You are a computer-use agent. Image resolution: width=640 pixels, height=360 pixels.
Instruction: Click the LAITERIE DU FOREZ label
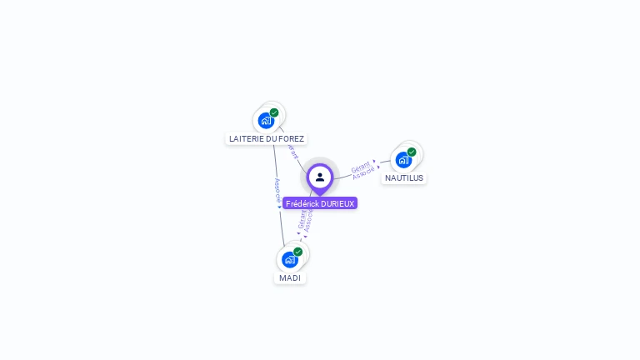267,138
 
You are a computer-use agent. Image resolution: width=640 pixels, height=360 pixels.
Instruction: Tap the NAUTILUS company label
404,177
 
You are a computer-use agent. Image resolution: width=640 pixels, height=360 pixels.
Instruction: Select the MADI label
290,277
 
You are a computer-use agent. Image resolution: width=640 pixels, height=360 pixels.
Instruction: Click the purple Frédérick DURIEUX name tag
320,203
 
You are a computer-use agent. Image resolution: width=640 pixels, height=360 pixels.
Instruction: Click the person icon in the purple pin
320,177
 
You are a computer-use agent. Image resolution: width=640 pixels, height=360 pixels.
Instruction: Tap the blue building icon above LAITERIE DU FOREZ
266,120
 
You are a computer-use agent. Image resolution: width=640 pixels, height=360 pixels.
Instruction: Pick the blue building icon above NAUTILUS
403,159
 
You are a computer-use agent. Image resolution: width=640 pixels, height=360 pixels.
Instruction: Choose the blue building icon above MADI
289,259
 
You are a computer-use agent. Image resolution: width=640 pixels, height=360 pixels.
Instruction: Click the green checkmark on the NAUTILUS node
412,152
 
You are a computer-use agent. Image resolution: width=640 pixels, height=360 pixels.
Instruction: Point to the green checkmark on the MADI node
297,252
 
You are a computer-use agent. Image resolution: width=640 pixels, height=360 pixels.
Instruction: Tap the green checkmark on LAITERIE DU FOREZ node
274,112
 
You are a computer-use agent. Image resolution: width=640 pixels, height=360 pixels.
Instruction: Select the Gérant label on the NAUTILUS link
360,165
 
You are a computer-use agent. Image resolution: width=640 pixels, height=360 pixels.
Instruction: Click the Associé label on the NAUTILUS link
365,173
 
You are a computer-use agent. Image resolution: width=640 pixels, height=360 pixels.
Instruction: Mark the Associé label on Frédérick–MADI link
309,221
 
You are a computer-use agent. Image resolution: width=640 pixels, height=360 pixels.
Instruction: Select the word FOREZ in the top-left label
292,138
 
